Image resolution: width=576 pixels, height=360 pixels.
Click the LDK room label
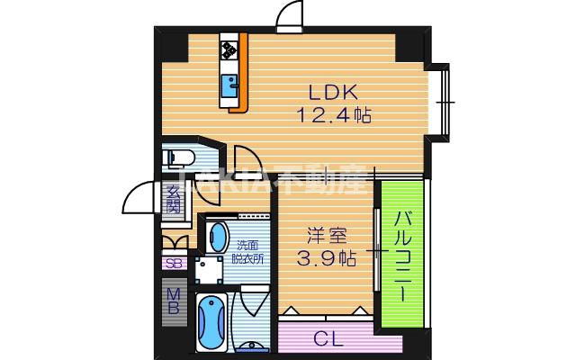tap(334, 93)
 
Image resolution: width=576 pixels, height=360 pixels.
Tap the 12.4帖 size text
tap(334, 115)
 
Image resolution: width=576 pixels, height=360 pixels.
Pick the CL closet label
tap(328, 338)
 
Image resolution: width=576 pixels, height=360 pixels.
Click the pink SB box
tap(172, 264)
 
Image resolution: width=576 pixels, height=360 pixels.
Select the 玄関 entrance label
tap(173, 199)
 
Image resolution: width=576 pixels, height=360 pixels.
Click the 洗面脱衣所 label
tap(249, 251)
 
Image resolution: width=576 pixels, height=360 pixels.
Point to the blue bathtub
tap(213, 323)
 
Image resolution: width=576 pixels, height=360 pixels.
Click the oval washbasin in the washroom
tap(218, 238)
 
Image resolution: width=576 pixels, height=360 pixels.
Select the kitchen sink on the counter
tap(231, 88)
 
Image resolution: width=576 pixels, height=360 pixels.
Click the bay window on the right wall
tap(440, 101)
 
